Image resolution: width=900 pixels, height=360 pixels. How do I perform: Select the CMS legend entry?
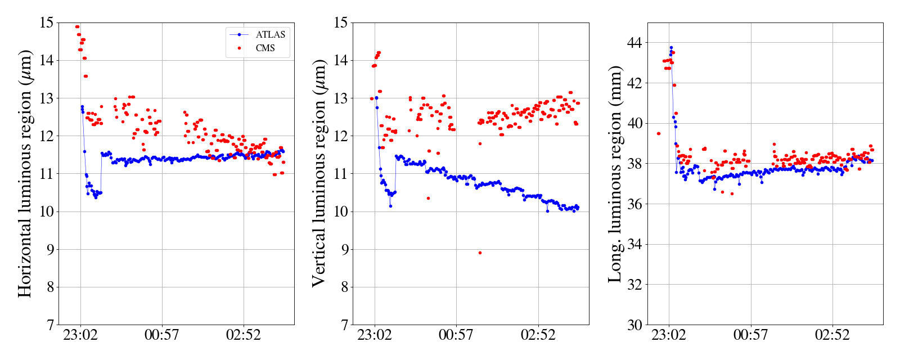click(x=265, y=48)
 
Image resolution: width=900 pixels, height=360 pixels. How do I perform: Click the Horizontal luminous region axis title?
click(x=25, y=173)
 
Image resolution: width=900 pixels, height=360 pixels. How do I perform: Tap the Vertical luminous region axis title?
click(x=318, y=173)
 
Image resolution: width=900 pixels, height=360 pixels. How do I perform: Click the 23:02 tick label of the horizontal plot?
click(x=80, y=335)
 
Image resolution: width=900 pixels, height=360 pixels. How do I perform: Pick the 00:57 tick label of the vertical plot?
click(x=456, y=335)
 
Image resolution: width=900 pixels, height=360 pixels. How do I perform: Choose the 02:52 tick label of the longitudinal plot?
click(x=832, y=335)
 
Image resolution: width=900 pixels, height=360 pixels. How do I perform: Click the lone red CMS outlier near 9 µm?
click(x=480, y=253)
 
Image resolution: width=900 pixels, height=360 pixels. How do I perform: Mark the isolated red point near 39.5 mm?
click(x=659, y=133)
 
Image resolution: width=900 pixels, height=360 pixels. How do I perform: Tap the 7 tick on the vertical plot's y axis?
click(x=343, y=325)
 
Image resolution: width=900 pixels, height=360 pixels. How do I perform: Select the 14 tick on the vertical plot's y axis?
click(x=340, y=60)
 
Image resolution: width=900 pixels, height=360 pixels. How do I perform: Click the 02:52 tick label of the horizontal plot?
click(x=243, y=335)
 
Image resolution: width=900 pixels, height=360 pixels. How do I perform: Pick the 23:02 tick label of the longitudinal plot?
click(x=669, y=335)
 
